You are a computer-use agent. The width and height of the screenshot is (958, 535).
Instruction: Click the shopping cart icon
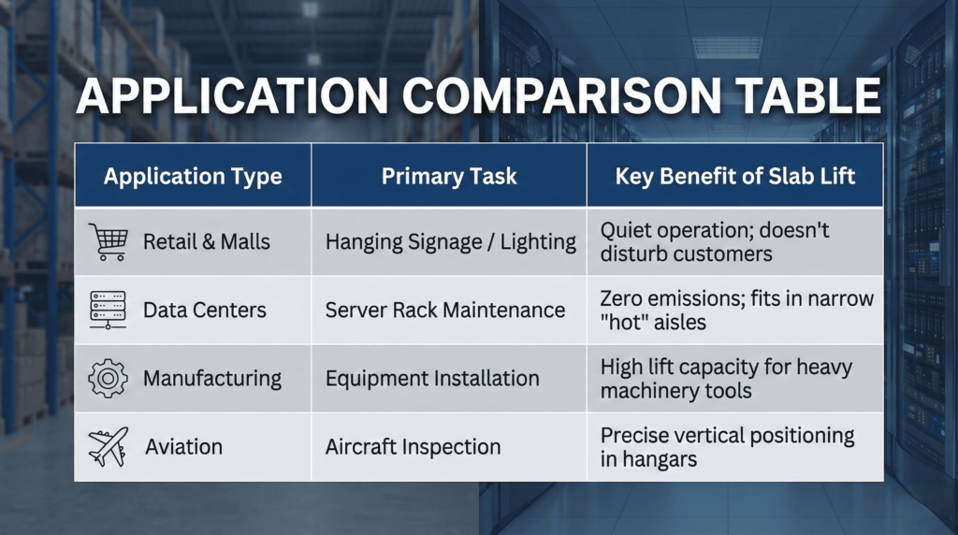107,241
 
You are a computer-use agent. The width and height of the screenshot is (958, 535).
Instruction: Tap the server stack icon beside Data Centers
107,309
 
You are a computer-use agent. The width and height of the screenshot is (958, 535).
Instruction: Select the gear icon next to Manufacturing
107,378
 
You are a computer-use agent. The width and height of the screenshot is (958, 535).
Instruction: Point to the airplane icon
107,446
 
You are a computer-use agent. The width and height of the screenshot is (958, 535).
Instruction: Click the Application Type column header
193,176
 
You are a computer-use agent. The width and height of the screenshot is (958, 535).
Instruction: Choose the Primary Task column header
449,176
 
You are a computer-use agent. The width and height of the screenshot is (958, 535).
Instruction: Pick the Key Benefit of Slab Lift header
734,176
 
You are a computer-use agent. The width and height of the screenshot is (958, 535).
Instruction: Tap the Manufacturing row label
211,378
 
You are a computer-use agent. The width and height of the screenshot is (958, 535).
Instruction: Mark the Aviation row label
183,447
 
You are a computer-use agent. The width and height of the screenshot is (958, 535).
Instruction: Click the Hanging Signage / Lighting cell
450,241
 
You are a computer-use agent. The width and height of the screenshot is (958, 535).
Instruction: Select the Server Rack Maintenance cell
444,310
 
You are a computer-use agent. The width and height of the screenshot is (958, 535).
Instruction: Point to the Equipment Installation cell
431,378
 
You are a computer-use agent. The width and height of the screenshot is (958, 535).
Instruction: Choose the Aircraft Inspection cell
413,447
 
